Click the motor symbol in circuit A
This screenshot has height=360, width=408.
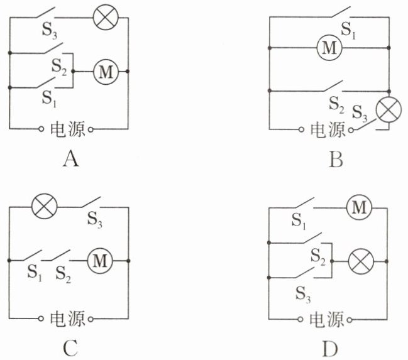point(106,71)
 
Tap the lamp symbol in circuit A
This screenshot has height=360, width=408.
point(106,18)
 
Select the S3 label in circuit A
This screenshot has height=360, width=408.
point(50,30)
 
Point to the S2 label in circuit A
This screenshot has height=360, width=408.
point(59,67)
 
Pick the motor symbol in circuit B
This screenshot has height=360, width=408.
point(329,48)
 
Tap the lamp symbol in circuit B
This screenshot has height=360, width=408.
point(389,109)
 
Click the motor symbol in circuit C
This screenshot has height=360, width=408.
point(100,260)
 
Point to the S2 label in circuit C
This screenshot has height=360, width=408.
point(63,275)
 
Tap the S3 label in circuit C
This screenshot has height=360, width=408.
point(95,219)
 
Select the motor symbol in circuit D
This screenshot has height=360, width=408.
point(359,207)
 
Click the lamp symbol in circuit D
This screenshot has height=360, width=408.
point(361,261)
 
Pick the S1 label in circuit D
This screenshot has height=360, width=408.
point(299,221)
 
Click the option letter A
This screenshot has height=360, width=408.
point(70,159)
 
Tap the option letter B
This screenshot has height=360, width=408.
point(336,159)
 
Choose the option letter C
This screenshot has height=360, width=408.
point(70,348)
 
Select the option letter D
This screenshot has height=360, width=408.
point(331,348)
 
